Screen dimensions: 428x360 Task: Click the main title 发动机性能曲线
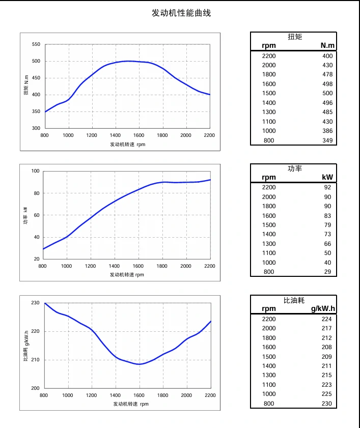[x=181, y=13]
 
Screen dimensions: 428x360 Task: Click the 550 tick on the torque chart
[x=36, y=44]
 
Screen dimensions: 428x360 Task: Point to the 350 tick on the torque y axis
[x=36, y=111]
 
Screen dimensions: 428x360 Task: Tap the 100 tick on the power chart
[x=35, y=171]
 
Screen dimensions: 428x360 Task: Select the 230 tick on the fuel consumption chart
[x=35, y=303]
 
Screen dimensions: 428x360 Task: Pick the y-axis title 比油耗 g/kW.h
[x=26, y=346]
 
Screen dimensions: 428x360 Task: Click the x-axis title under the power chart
[x=127, y=275]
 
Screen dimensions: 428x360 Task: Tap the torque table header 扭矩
[x=295, y=37]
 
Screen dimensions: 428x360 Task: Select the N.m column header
[x=326, y=46]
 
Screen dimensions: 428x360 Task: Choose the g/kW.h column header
[x=323, y=308]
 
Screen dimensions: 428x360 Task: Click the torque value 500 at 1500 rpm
[x=327, y=93]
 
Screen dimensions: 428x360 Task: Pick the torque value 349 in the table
[x=327, y=140]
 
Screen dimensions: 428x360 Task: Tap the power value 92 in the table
[x=327, y=187]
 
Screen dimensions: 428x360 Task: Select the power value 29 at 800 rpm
[x=327, y=272]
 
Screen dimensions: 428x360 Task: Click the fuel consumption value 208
[x=326, y=347]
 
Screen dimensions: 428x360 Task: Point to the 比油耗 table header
[x=294, y=300]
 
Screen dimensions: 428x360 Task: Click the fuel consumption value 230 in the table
[x=326, y=404]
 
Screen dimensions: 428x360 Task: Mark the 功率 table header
[x=295, y=168]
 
